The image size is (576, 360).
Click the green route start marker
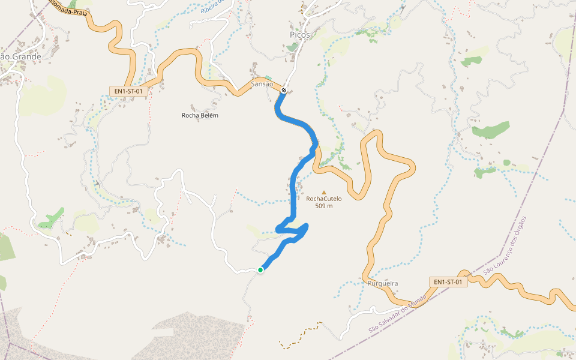[x=260, y=270]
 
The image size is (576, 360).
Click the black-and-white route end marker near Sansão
[x=284, y=91]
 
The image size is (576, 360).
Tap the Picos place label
[x=299, y=35]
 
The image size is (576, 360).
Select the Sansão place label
[x=262, y=85]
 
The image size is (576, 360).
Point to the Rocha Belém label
[x=200, y=115]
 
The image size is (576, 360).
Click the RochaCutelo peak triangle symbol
[x=324, y=192]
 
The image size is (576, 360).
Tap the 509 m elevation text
[x=324, y=206]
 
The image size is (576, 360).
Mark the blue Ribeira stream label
[x=212, y=7]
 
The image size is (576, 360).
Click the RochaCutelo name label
[x=324, y=199]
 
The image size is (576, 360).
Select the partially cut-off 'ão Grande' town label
[x=20, y=57]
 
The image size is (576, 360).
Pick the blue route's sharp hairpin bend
[x=278, y=228]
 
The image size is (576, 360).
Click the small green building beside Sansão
[x=268, y=78]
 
